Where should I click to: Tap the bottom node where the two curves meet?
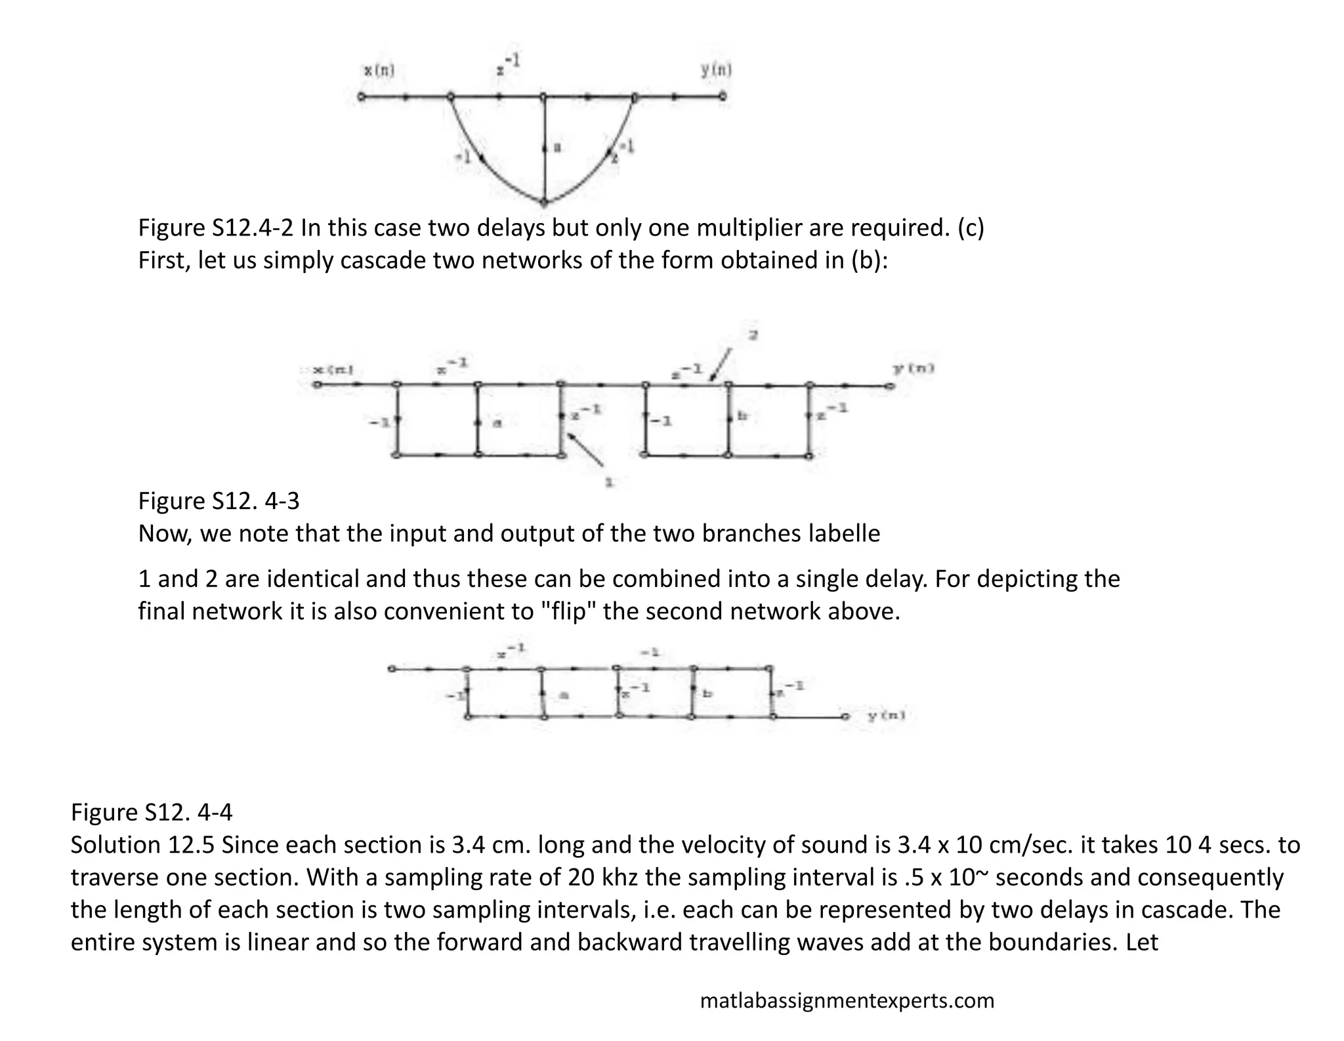click(x=544, y=202)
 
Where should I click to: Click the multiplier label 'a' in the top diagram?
click(x=557, y=148)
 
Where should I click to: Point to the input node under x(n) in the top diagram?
click(x=360, y=97)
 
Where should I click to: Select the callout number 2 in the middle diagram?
click(x=754, y=335)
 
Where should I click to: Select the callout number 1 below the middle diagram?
click(x=609, y=483)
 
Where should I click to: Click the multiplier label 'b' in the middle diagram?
click(x=742, y=417)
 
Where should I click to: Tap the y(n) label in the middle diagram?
click(x=913, y=369)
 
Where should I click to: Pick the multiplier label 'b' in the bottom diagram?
click(x=707, y=693)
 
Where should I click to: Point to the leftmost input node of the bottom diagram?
click(x=391, y=669)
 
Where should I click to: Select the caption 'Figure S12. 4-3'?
click(x=219, y=501)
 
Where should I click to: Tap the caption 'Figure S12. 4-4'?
click(x=152, y=812)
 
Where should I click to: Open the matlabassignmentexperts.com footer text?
click(x=847, y=1000)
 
